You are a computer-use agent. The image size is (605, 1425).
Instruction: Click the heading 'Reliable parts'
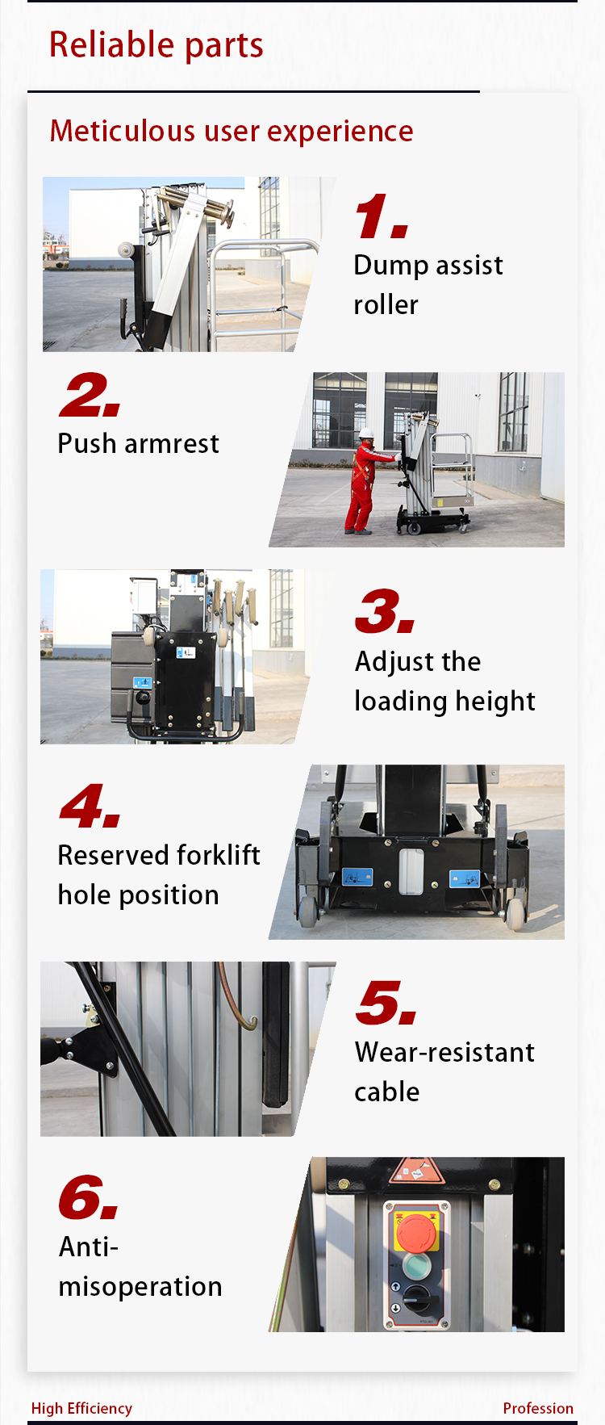point(156,45)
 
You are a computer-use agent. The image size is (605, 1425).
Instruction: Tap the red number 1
point(382,217)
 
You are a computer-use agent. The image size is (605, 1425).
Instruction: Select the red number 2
point(90,396)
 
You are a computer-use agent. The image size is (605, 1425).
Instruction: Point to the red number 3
point(386,611)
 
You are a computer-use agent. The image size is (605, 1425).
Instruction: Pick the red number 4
point(90,806)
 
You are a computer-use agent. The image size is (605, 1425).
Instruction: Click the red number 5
point(386,1004)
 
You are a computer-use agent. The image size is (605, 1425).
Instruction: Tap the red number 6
point(89,1197)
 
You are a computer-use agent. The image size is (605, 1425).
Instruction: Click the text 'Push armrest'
point(139,443)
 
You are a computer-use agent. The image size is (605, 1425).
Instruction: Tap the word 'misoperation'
point(140,1286)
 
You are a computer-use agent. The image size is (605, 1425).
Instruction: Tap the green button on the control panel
point(415,1266)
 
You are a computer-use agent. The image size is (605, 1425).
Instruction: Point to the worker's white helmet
point(366,434)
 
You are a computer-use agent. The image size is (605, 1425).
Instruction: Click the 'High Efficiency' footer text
point(81,1408)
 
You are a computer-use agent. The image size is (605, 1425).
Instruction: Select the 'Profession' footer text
point(538,1408)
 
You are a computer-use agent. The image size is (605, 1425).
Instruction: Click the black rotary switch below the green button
point(419,1298)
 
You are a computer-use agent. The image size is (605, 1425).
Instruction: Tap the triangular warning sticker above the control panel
point(417,1171)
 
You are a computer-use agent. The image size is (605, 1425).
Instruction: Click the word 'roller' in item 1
point(386,304)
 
